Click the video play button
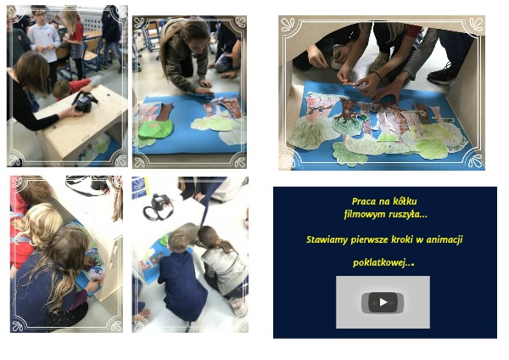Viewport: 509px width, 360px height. pos(383,302)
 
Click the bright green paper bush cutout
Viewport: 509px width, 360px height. pos(155,129)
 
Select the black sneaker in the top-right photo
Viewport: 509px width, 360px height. pos(442,76)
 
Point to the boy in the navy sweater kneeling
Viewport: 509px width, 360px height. pos(182,276)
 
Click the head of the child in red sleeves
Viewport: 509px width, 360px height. pos(61,88)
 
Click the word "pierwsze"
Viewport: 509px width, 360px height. pos(369,240)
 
